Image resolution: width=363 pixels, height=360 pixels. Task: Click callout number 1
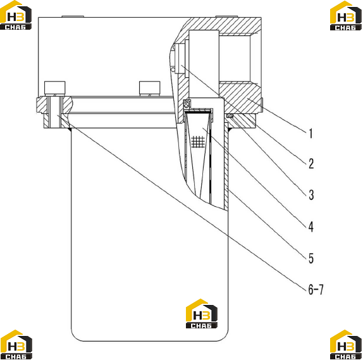pyautogui.click(x=311, y=133)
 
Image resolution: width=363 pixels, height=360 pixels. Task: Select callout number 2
pyautogui.click(x=311, y=164)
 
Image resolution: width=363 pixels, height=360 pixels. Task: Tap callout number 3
pyautogui.click(x=311, y=195)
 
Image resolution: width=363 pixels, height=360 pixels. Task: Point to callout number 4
pyautogui.click(x=311, y=227)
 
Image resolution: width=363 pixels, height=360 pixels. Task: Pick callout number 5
pyautogui.click(x=311, y=258)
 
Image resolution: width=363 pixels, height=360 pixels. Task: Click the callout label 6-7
pyautogui.click(x=316, y=289)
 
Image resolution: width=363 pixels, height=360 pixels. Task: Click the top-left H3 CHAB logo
pyautogui.click(x=16, y=15)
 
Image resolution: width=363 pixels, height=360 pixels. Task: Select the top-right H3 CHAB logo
pyautogui.click(x=346, y=16)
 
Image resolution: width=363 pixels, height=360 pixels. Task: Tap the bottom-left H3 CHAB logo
pyautogui.click(x=16, y=344)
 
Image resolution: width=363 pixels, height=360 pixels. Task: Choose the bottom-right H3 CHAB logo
pyautogui.click(x=346, y=344)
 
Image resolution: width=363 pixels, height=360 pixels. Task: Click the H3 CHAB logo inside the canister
pyautogui.click(x=202, y=313)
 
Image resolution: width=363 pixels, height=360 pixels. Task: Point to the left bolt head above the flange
pyautogui.click(x=54, y=88)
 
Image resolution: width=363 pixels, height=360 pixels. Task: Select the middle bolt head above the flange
pyautogui.click(x=149, y=88)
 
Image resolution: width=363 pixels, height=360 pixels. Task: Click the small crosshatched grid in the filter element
pyautogui.click(x=199, y=142)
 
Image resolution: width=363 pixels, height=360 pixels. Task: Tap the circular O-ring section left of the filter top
pyautogui.click(x=187, y=104)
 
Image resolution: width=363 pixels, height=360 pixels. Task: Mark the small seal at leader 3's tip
pyautogui.click(x=230, y=116)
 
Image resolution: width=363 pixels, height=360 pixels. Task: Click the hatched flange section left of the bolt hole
pyautogui.click(x=42, y=105)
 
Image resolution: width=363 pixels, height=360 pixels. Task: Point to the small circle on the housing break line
pyautogui.click(x=173, y=70)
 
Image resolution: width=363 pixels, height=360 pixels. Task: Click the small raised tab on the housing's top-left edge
pyautogui.click(x=73, y=16)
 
